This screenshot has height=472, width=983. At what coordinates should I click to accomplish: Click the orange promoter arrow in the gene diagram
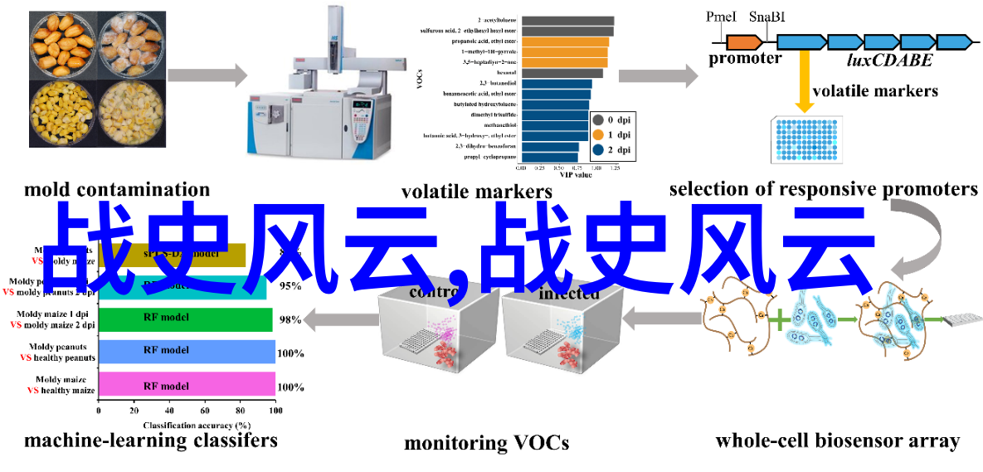pos(744,40)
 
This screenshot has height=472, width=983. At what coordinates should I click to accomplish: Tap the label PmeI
pos(721,17)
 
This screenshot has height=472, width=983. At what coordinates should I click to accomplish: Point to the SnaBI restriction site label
pos(767,17)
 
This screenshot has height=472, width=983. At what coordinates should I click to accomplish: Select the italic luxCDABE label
pos(889,60)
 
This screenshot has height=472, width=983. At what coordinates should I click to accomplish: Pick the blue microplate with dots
pos(806,138)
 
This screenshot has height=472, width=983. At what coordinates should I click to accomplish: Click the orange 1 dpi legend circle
pos(597,134)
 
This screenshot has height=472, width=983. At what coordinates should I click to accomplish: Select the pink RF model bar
pos(187,386)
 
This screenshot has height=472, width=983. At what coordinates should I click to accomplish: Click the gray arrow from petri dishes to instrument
pos(207,75)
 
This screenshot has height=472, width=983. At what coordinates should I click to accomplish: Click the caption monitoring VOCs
pos(486,443)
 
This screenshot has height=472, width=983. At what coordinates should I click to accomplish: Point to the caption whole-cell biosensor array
pos(837,441)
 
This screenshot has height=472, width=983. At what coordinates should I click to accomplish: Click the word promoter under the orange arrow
pos(745,59)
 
